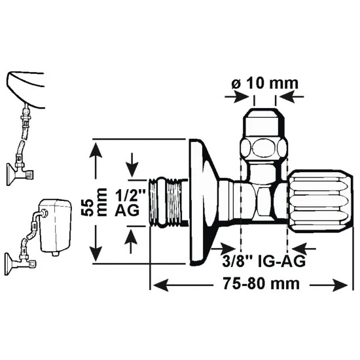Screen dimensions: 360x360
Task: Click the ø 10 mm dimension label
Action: pos(264,83)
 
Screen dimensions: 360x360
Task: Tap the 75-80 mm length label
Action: pos(262,284)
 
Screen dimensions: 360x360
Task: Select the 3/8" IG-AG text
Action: pos(264,261)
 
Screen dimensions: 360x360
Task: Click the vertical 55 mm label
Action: pos(94,202)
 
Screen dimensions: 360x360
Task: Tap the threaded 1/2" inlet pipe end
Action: pos(168,202)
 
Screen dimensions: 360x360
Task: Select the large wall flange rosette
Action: pos(203,202)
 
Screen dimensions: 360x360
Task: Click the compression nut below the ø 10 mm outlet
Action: pos(264,148)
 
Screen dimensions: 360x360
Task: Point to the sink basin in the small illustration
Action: pos(26,90)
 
